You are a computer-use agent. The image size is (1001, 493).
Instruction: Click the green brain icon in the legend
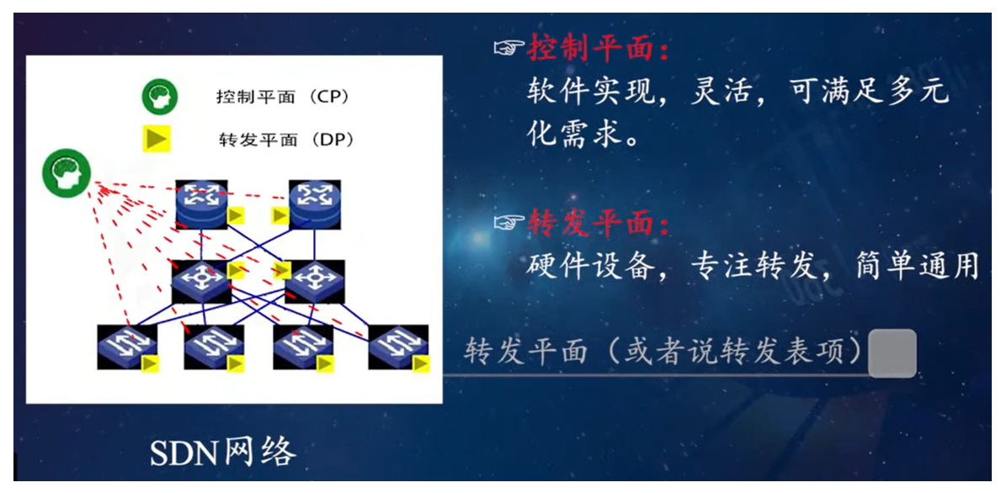(x=159, y=96)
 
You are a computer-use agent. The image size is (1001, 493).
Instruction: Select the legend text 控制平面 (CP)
(x=282, y=97)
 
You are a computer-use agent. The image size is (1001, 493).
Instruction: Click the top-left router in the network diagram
(x=200, y=204)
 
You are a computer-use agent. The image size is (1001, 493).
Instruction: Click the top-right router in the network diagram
(x=315, y=204)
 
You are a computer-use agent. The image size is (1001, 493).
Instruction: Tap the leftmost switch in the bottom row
(x=124, y=344)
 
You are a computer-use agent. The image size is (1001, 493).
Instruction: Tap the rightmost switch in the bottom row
(x=395, y=344)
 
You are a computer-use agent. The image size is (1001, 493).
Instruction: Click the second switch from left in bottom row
(x=211, y=344)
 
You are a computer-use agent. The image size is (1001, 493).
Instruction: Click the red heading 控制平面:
(x=598, y=50)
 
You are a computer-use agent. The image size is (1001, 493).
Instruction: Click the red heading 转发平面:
(x=598, y=223)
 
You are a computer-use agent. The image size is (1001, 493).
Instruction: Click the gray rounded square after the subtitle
(x=892, y=353)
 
